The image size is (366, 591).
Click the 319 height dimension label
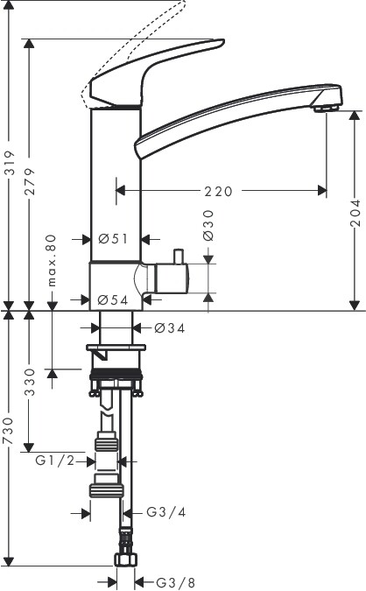click(11, 163)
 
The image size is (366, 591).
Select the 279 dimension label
click(30, 181)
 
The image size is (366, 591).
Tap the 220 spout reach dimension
click(219, 192)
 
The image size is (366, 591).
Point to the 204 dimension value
click(355, 213)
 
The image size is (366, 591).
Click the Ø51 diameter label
click(113, 238)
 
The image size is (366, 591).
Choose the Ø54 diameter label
click(113, 300)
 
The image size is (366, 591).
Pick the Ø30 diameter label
click(208, 225)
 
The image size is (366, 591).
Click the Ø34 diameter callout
click(170, 328)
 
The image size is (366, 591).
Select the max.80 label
click(52, 260)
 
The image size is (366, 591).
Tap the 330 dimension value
click(30, 383)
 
